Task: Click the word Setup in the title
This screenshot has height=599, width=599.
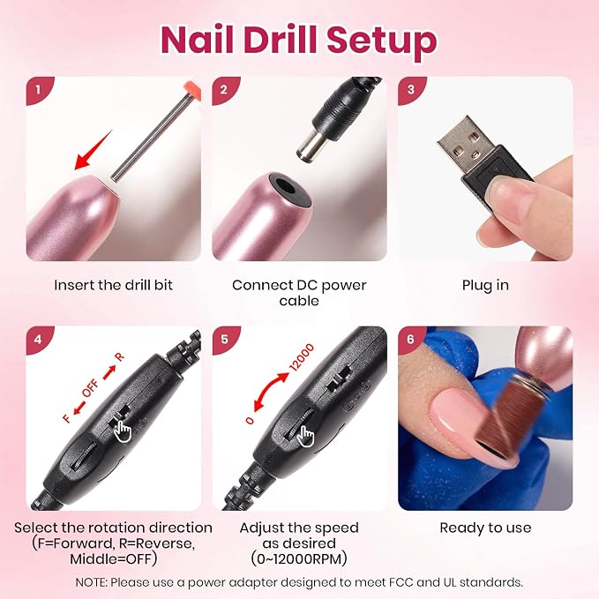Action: pos(382,41)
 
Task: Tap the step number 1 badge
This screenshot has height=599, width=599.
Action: pos(38,90)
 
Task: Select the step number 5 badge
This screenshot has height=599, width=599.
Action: pos(225,339)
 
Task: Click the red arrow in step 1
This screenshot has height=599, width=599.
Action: pos(93,150)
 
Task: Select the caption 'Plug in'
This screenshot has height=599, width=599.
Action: pos(485,285)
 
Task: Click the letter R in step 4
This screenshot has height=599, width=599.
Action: pos(120,356)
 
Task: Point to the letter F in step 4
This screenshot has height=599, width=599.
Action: pos(66,418)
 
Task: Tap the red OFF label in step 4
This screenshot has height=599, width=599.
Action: pos(91,388)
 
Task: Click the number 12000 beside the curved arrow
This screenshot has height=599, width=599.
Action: pos(302,357)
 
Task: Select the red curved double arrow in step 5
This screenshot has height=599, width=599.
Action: pos(271,392)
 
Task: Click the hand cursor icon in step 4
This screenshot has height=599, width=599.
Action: pos(123,431)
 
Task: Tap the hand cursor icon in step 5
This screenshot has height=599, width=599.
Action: pos(306,436)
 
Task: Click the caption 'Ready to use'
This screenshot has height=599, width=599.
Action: pos(485,528)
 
